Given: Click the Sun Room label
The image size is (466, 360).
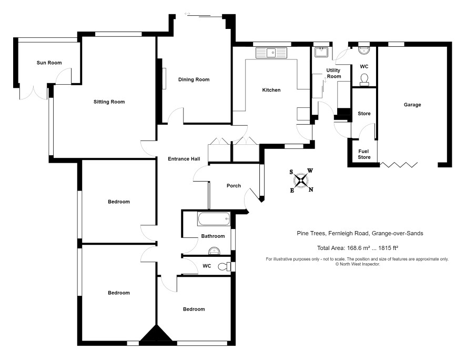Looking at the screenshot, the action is tap(49, 63).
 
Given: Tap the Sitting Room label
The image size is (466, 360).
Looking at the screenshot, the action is tap(109, 102).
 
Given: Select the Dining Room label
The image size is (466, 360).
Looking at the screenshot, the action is tap(194, 79).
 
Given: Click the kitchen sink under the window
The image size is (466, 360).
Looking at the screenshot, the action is tap(271, 53).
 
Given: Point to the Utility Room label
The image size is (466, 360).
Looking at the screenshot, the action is tap(333, 73).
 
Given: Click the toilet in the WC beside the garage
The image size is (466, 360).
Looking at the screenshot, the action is tap(364, 79).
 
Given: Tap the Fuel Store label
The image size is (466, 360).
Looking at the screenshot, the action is tap(364, 154).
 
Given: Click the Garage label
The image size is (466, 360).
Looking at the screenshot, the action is tap(412, 105).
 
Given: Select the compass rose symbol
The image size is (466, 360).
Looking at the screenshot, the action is tap(301, 180).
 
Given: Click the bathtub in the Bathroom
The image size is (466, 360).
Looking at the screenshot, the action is tap(214, 219).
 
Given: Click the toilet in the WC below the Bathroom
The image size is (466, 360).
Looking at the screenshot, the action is tap(225, 266).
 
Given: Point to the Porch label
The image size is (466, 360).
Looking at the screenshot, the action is tap(234, 186).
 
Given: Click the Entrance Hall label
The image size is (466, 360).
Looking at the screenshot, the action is tap(184, 159).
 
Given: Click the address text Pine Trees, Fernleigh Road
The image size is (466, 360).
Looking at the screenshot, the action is tap(333, 233).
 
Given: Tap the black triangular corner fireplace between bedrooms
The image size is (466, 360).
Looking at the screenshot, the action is tap(156, 333).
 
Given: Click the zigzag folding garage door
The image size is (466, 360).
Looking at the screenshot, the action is tap(399, 165).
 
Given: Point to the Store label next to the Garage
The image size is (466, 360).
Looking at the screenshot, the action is tap(364, 114).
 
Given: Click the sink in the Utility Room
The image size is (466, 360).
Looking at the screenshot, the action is tap(321, 52).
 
